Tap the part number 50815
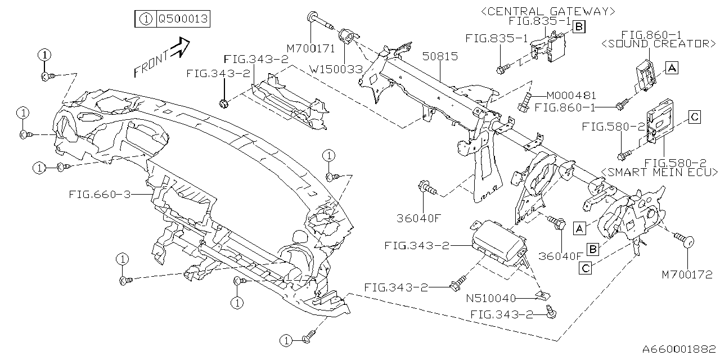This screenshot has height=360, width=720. pos(442,57)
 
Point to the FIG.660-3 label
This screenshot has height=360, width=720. pos(100,195)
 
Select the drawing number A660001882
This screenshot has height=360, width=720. pos(677,349)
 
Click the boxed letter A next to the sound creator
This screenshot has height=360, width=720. pos(672,68)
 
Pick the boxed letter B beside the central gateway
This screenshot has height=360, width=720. pos(579,26)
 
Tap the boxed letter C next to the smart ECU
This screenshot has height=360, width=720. pos(695,117)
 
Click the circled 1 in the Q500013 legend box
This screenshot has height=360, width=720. pos(145,19)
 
